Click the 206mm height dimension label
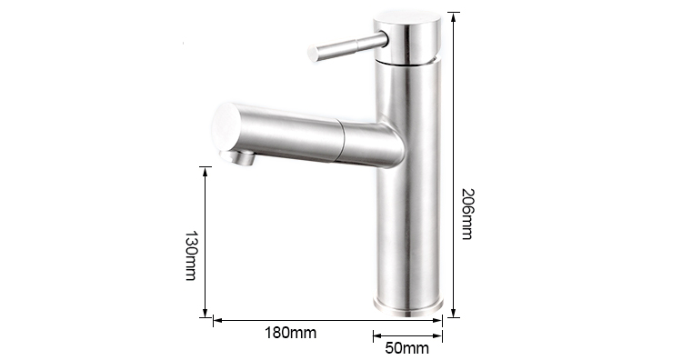467,214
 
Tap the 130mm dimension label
191,255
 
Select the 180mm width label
291,333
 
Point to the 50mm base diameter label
406,348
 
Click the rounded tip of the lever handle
313,53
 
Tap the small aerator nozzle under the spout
237,157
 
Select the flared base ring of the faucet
408,306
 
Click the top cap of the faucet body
407,21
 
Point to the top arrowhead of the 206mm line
454,16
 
